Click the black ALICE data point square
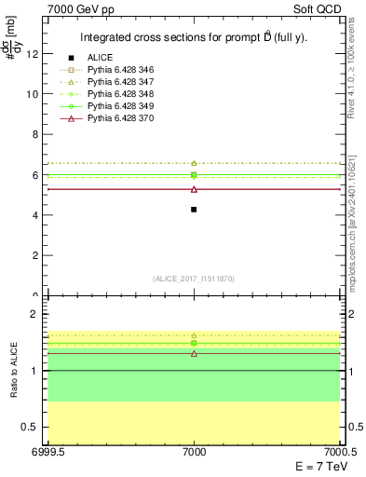[194, 210]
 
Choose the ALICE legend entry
[100, 58]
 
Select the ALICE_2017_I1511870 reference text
[194, 279]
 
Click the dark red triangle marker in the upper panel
[194, 189]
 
